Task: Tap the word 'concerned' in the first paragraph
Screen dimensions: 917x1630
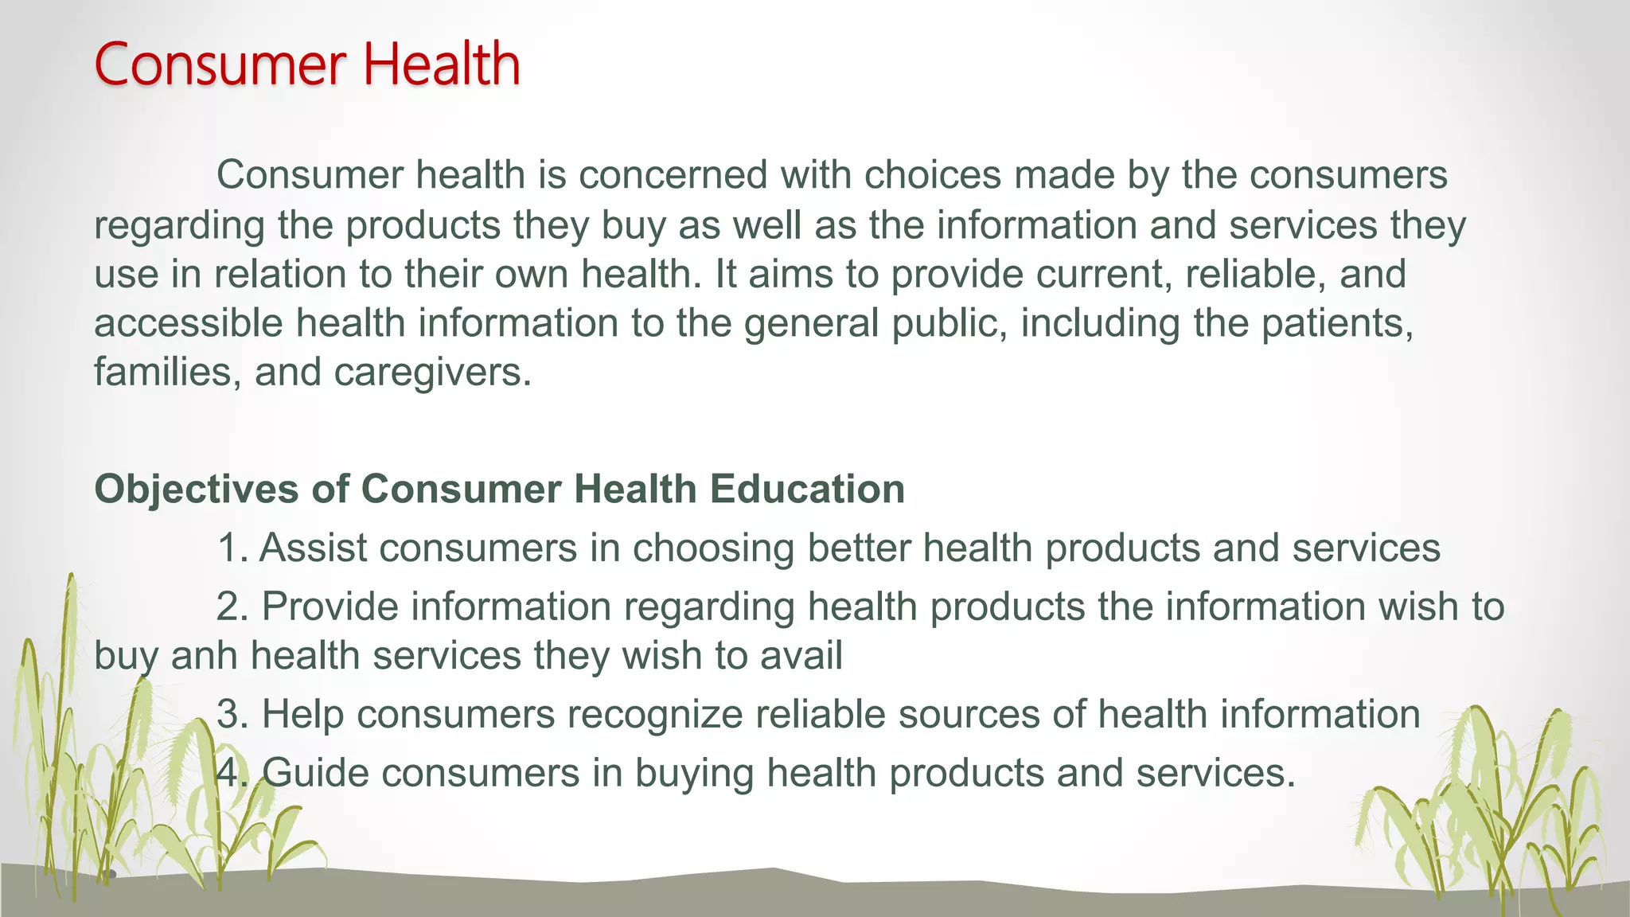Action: [x=673, y=175]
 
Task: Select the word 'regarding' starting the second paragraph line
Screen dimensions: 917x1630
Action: [x=179, y=226]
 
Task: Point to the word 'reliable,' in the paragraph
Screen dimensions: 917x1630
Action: [x=1255, y=275]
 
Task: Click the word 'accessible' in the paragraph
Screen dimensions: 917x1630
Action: [x=189, y=324]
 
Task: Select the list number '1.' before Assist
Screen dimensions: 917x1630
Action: [x=232, y=548]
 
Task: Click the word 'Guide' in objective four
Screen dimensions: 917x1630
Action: [x=315, y=773]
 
